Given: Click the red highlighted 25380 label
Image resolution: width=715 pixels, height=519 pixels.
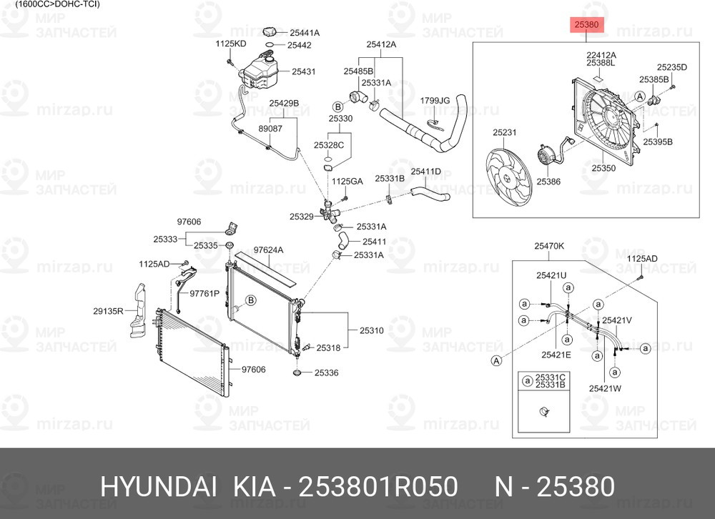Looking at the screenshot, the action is (586, 24).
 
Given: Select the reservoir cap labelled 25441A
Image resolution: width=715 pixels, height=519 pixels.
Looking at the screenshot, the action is (271, 32).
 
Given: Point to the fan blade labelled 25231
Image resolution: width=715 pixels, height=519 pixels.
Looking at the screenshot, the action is (508, 178).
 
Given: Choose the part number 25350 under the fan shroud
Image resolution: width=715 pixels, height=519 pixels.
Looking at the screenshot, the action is (603, 168).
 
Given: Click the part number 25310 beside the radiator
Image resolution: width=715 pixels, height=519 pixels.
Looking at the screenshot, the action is (371, 330).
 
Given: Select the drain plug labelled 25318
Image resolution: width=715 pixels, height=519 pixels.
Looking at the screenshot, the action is (307, 347).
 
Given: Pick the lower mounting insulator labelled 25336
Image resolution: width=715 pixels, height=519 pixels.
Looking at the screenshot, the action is (297, 373).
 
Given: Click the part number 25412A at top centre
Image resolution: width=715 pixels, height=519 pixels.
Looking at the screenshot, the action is (381, 44).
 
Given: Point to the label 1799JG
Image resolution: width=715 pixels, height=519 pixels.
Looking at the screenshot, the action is (435, 100).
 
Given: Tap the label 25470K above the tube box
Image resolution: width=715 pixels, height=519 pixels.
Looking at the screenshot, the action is (549, 246).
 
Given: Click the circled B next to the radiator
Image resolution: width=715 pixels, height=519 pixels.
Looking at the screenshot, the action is (250, 300).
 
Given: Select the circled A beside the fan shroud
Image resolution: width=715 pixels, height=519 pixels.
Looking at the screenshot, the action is (640, 97).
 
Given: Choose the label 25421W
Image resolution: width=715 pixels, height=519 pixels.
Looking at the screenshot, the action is (605, 389).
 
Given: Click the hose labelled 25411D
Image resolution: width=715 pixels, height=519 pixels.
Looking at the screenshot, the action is (430, 193).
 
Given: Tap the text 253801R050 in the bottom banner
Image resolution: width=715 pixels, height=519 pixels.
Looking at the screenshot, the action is (378, 486).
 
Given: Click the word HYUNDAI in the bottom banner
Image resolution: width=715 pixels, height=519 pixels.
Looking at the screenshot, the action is (158, 486).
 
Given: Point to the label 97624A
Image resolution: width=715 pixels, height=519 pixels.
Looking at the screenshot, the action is (268, 250).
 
